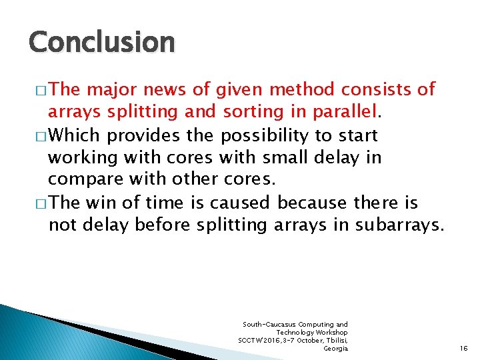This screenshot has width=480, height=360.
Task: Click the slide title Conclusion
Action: click(101, 42)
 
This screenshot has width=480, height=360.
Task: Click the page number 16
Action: click(464, 349)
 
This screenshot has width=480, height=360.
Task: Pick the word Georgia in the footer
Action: click(335, 349)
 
